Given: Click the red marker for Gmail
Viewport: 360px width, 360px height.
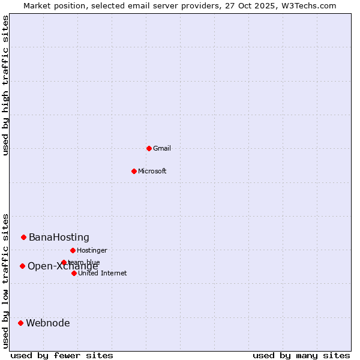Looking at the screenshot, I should [x=149, y=148].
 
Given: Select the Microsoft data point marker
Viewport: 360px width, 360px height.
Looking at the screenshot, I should [x=134, y=171].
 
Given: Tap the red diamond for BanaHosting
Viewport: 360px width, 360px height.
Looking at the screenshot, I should [x=23, y=237].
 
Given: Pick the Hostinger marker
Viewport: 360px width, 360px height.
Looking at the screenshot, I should [x=73, y=250].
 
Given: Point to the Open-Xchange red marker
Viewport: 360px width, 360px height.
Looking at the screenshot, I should [x=22, y=266].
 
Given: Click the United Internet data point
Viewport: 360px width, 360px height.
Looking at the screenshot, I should [x=74, y=273].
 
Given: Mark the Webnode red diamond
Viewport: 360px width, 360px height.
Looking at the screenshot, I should [x=20, y=323].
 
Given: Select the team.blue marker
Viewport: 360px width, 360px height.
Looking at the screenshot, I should [x=64, y=262].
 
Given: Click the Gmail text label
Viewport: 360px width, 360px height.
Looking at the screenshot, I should [x=162, y=148].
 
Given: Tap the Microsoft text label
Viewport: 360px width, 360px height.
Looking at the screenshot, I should [x=152, y=171].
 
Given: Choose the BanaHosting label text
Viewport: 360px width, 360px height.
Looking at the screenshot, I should [x=59, y=238].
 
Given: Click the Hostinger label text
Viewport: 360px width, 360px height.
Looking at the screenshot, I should [x=92, y=250].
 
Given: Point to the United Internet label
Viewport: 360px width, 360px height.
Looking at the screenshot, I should [x=102, y=273].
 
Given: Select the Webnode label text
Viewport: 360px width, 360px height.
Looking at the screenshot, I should [x=47, y=323].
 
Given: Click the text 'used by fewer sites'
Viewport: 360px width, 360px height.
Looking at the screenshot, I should [x=62, y=355].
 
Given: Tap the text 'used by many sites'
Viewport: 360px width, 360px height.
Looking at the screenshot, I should [x=301, y=355].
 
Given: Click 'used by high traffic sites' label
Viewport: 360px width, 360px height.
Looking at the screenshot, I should [x=5, y=85].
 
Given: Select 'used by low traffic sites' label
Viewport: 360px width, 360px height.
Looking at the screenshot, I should [x=5, y=281].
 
